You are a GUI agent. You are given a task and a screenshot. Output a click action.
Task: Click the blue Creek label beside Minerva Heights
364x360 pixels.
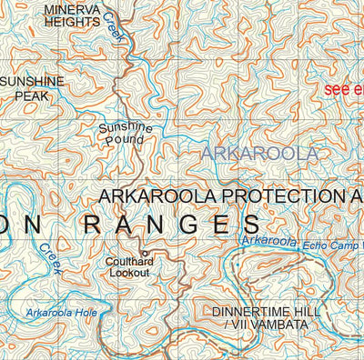[112, 20]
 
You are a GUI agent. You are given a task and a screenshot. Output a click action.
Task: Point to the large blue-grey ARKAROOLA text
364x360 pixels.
[259, 154]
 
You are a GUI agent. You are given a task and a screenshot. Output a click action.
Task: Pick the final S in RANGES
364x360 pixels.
[250, 225]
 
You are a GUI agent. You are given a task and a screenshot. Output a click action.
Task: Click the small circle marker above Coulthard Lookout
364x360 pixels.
[142, 252]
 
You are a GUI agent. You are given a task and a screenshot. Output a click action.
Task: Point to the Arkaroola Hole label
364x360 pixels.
[63, 314]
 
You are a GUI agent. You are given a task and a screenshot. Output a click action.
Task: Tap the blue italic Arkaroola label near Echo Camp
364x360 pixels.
[270, 241]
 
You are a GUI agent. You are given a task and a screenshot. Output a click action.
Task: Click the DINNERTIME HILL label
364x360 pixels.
[266, 312]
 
